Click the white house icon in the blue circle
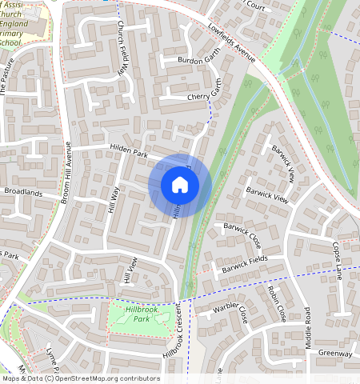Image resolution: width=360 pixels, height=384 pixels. pyautogui.click(x=180, y=186)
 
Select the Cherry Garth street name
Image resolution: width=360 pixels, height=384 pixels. pyautogui.click(x=208, y=95)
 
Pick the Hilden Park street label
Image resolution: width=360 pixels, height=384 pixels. pyautogui.click(x=129, y=152)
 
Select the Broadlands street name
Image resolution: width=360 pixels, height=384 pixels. pyautogui.click(x=22, y=192)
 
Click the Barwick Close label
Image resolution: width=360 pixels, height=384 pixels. pyautogui.click(x=242, y=234)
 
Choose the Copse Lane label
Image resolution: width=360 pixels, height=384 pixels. pyautogui.click(x=339, y=261)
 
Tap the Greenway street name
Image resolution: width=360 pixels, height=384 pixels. pyautogui.click(x=334, y=353)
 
